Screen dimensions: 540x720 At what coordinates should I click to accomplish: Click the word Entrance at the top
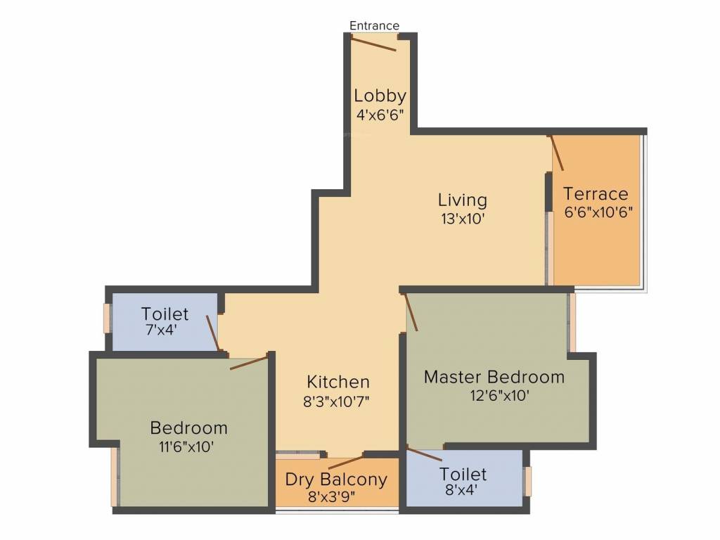point(374,26)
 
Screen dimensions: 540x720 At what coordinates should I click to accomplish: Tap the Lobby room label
point(380,96)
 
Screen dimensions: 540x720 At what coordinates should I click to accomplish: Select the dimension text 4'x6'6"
point(380,115)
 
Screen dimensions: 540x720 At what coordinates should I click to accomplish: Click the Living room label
point(462,200)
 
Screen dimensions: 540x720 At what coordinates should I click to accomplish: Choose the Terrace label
point(596,194)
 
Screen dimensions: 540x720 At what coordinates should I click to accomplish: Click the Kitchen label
point(338,382)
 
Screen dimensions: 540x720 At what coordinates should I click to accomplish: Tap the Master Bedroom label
point(494,378)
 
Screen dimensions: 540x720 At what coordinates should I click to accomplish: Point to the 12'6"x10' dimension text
point(499,396)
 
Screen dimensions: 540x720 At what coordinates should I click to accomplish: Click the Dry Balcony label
point(336,480)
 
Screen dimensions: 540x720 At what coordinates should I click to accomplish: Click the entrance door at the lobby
point(374,44)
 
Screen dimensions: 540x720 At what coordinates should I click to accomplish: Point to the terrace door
point(557,153)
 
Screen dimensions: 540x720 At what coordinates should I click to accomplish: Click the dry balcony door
point(346,462)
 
